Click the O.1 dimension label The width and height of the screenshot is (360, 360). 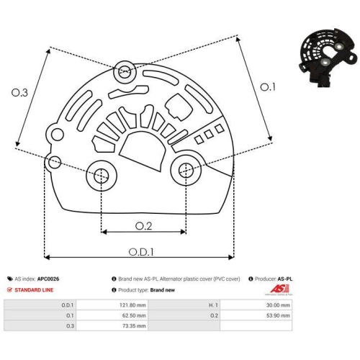(267, 88)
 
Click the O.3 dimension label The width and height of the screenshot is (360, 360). (21, 93)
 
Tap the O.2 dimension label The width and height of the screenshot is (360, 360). (145, 225)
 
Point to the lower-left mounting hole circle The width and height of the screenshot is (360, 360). (101, 174)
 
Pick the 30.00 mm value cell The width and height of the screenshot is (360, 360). (277, 305)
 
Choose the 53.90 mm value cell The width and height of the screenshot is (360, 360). (277, 315)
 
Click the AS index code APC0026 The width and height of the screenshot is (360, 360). (50, 278)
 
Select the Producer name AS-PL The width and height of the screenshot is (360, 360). (286, 278)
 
